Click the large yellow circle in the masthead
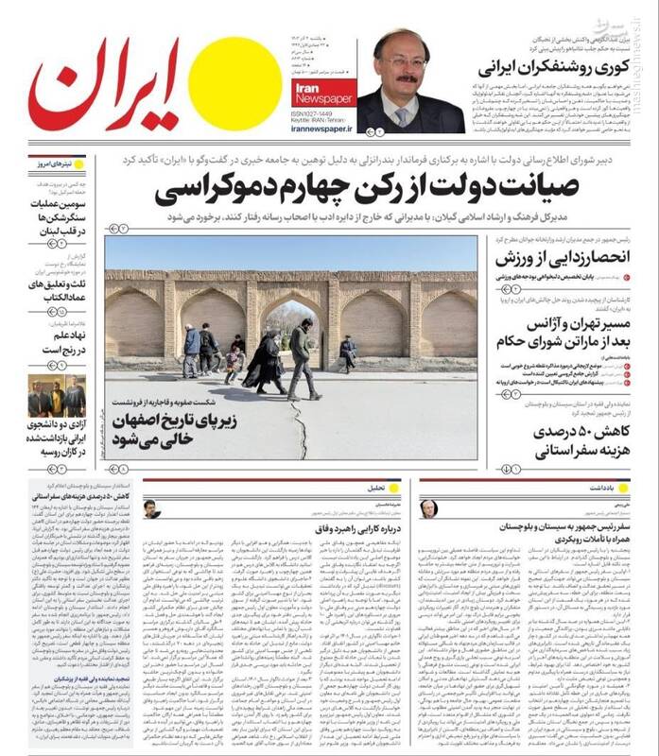pos(234,83)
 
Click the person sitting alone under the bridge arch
pos(348,352)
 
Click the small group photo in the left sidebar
pos(56,397)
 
